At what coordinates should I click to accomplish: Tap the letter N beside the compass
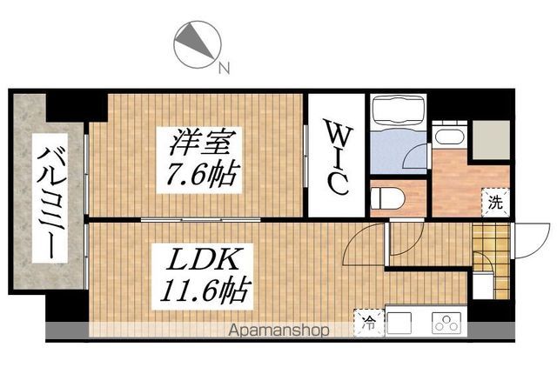point(224,68)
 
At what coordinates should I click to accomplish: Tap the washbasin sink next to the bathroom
point(448,138)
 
